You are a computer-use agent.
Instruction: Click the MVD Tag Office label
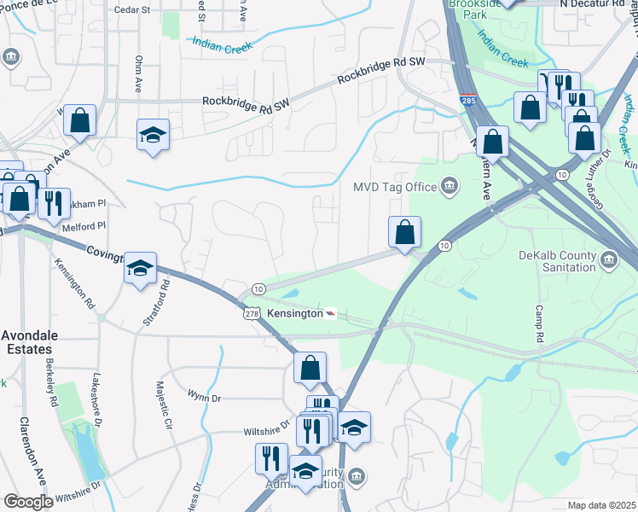[395, 187]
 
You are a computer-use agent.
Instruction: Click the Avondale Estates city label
[26, 343]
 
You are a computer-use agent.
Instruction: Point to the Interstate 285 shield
[468, 101]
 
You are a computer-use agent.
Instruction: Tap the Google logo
[27, 502]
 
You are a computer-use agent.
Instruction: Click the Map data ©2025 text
[601, 505]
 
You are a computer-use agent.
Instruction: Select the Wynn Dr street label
[204, 397]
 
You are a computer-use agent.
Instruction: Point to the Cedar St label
[132, 10]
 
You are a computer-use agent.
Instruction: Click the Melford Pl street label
[84, 226]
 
